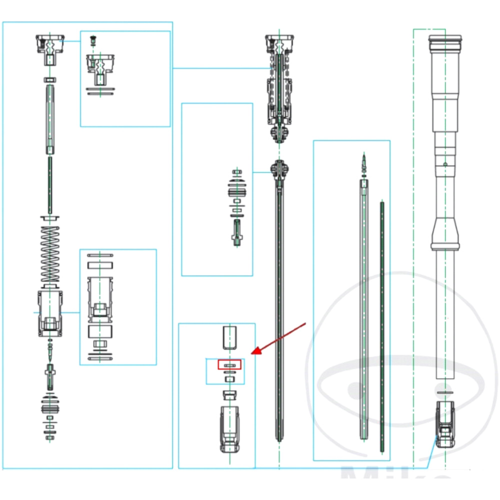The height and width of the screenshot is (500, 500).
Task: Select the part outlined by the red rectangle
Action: pos(229,364)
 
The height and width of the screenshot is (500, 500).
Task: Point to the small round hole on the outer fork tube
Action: pos(444,164)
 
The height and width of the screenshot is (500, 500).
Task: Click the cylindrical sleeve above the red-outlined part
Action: pos(229,337)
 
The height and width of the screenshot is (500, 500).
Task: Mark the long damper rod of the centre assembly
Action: pos(279,310)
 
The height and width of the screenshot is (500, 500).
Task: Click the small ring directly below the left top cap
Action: pos(50,79)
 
